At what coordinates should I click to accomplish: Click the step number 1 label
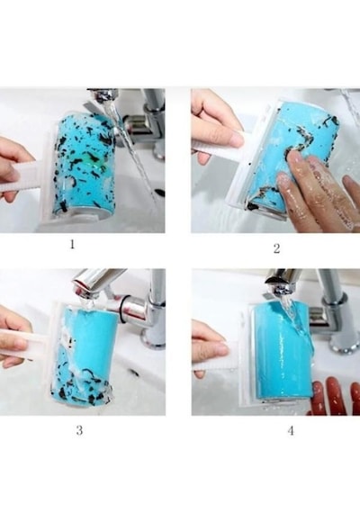click(x=72, y=244)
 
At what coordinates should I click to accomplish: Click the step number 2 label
click(x=277, y=248)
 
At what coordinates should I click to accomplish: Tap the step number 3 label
click(x=79, y=430)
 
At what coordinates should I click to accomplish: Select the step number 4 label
click(x=291, y=431)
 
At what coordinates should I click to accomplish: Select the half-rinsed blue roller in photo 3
click(x=85, y=354)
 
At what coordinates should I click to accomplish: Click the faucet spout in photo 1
click(x=104, y=95)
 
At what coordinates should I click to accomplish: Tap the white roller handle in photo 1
click(x=22, y=178)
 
